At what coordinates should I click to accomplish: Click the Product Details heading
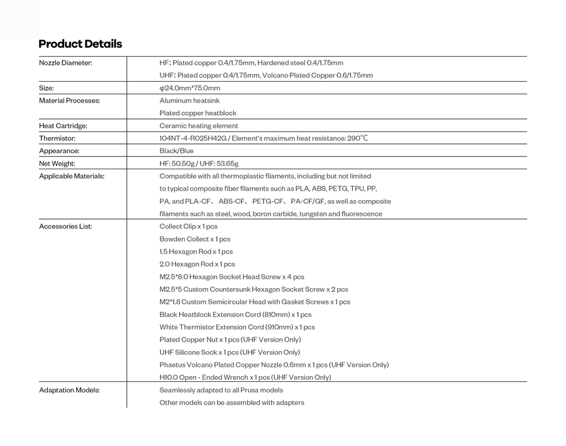[x=80, y=44]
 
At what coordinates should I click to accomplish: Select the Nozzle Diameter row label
[x=65, y=63]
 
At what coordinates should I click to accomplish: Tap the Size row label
[x=47, y=88]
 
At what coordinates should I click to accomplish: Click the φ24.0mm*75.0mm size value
[x=190, y=88]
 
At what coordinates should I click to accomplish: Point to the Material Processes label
[x=69, y=101]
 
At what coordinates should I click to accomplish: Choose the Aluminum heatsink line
[x=189, y=101]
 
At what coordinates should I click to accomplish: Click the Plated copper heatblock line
[x=198, y=113]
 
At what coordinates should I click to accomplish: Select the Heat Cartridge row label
[x=63, y=126]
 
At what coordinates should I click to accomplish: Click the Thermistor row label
[x=57, y=138]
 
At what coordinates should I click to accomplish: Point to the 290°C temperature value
[x=357, y=138]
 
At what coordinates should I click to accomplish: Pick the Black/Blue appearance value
[x=177, y=151]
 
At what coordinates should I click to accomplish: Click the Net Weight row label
[x=57, y=164]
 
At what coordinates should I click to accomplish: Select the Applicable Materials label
[x=72, y=176]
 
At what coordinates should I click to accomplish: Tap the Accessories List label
[x=65, y=226]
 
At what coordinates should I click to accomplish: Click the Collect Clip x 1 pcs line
[x=188, y=226]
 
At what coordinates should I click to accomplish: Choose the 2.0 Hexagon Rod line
[x=197, y=264]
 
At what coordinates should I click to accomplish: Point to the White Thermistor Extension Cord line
[x=237, y=327]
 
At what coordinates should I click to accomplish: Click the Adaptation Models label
[x=69, y=390]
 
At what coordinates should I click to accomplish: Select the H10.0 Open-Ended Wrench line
[x=245, y=377]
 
